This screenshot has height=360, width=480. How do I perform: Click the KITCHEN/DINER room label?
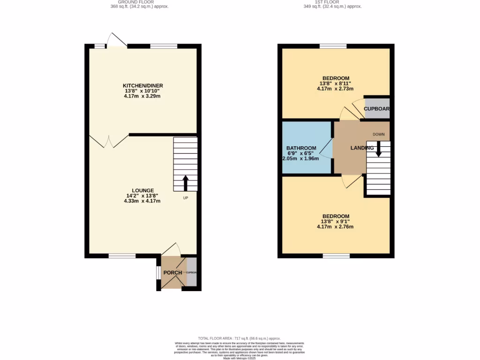tap(143, 85)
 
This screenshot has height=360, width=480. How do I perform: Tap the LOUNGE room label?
tap(142, 190)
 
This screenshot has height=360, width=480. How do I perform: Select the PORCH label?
tap(172, 273)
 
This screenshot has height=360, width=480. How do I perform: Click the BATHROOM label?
tap(301, 148)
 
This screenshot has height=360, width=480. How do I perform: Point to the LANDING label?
tap(362, 148)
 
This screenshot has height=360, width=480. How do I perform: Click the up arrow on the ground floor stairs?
tap(186, 183)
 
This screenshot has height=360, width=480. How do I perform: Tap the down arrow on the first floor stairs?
tap(378, 150)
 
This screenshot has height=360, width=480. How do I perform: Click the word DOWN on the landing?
tap(378, 135)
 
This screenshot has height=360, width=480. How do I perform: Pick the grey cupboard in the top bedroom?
tap(377, 109)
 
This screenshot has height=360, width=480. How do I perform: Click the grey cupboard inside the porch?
tap(191, 272)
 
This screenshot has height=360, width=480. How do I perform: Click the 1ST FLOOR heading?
tap(333, 2)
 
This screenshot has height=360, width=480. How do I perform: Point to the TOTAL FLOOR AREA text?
tap(239, 338)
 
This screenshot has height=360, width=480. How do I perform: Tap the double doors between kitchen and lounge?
tap(109, 140)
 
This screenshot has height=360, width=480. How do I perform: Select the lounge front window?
tap(122, 255)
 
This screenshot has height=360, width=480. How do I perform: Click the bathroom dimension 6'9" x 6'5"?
tap(301, 153)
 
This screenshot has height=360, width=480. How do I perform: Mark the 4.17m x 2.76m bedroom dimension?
tap(335, 227)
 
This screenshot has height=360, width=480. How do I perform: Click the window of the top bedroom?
tap(333, 46)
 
